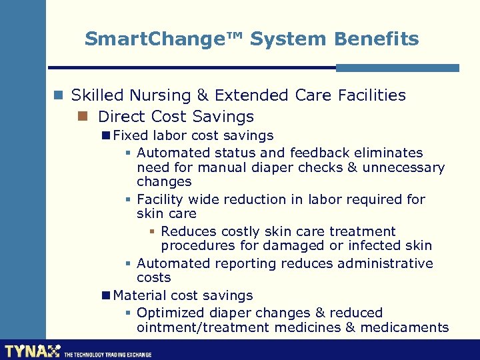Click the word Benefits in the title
pos(377,39)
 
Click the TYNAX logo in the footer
pos(32,351)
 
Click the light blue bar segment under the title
pos(397,68)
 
